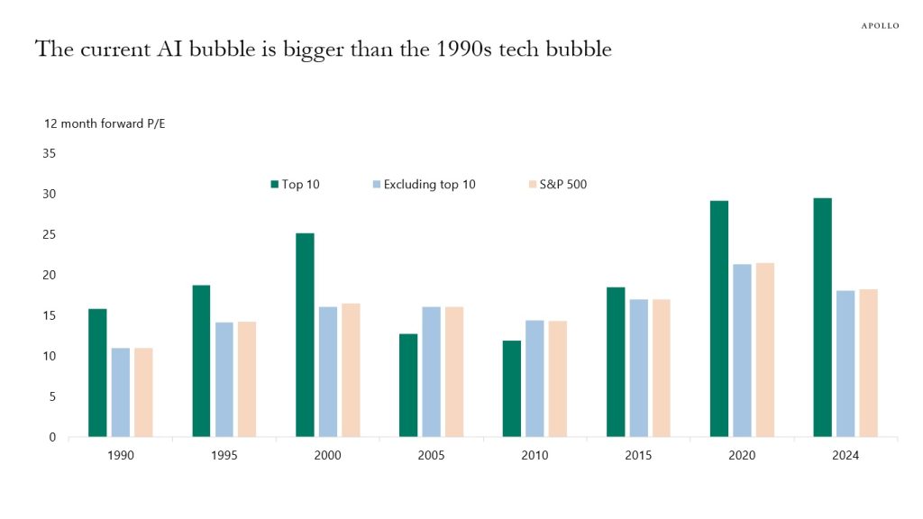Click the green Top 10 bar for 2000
pyautogui.click(x=305, y=335)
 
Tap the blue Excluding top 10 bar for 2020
pyautogui.click(x=742, y=351)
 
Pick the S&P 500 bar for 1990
pyautogui.click(x=143, y=392)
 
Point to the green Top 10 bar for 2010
pyautogui.click(x=512, y=388)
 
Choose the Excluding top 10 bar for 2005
pyautogui.click(x=431, y=371)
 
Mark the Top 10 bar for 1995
pyautogui.click(x=201, y=360)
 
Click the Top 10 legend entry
pyautogui.click(x=296, y=185)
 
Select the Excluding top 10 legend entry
pyautogui.click(x=424, y=185)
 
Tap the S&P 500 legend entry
pyautogui.click(x=557, y=185)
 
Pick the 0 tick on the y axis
pyautogui.click(x=52, y=437)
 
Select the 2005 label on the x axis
pyautogui.click(x=431, y=456)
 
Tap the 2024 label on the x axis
pyautogui.click(x=845, y=456)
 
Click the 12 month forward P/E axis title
pyautogui.click(x=105, y=123)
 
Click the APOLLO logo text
pyautogui.click(x=880, y=25)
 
